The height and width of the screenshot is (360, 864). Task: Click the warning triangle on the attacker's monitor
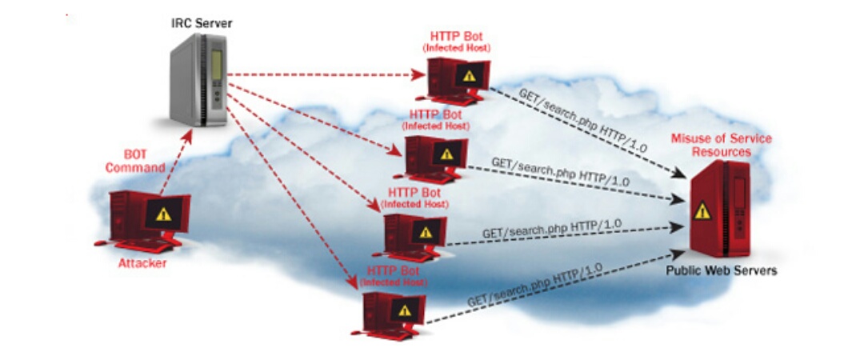164,214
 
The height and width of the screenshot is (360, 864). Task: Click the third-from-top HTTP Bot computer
414,236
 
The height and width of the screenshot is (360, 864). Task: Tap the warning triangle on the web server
702,210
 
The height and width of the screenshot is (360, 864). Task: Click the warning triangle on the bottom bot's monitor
406,309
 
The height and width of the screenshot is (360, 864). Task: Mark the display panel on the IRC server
216,63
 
